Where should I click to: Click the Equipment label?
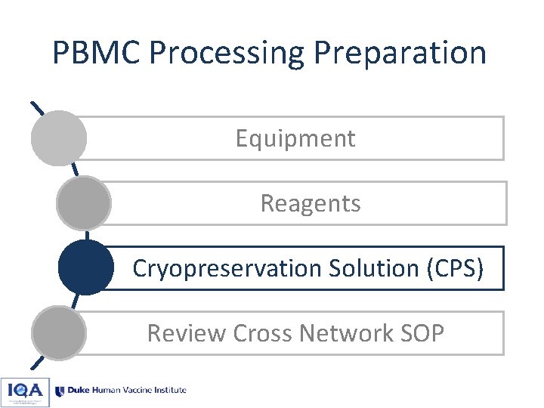[295, 138]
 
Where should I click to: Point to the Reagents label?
[310, 203]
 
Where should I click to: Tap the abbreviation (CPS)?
[454, 268]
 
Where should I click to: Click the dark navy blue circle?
[86, 268]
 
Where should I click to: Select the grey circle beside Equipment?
[58, 138]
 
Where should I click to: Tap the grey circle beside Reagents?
[84, 203]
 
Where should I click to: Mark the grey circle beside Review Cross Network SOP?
[58, 333]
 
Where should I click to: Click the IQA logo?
[25, 391]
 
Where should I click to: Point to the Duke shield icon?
[60, 391]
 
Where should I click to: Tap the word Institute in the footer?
[168, 391]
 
